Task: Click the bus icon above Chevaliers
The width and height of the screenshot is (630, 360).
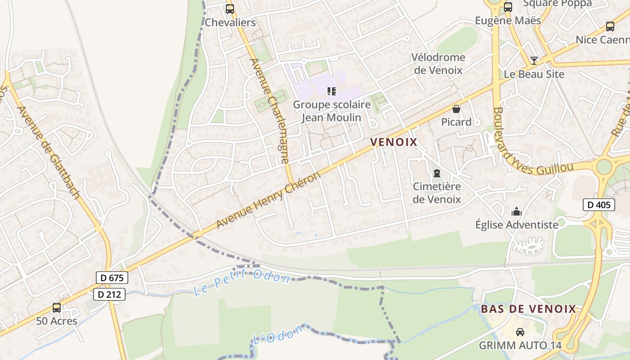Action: coord(230,9)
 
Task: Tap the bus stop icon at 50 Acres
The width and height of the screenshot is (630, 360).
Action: coord(57,308)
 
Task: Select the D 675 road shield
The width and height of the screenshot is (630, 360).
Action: coord(112,278)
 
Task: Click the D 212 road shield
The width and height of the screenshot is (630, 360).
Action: coord(109,295)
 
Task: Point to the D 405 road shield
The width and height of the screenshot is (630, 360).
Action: coord(599,205)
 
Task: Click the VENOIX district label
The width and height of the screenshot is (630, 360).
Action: coord(394,142)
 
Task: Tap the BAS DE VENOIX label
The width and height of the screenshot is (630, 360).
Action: coord(528,309)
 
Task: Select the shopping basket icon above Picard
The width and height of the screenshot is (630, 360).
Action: coord(456,109)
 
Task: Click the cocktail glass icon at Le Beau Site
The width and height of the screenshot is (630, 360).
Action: coord(534,60)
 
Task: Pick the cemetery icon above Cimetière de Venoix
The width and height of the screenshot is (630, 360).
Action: coord(436,173)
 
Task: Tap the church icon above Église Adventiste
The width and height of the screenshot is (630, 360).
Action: coord(517,211)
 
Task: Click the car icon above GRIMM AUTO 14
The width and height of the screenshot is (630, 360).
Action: coord(520,332)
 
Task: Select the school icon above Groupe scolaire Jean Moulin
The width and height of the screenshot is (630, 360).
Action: coord(332,92)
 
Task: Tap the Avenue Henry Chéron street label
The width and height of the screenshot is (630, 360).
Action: coord(268,200)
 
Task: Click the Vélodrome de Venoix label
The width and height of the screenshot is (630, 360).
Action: coord(438,63)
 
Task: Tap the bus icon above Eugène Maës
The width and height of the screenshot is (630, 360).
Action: coord(508,7)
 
